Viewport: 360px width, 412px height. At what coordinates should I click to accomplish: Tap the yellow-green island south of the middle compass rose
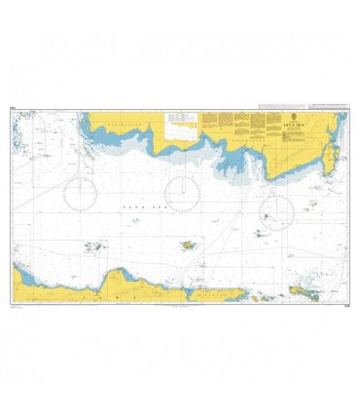pyautogui.click(x=187, y=245)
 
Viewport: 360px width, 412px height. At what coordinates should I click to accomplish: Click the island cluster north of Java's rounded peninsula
pyautogui.click(x=94, y=246)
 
